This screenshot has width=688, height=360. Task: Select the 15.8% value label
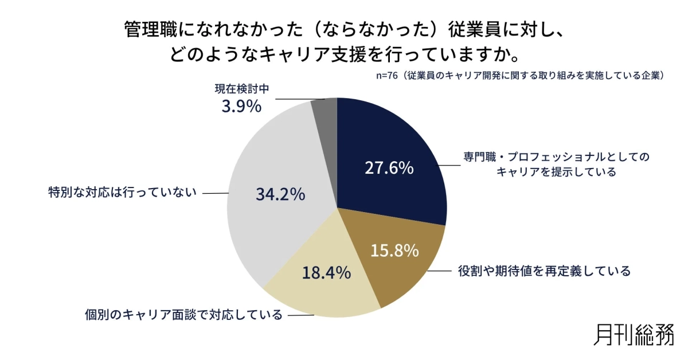coord(394,251)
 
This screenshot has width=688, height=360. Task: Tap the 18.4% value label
coord(326,272)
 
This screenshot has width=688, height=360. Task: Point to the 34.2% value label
coord(280,194)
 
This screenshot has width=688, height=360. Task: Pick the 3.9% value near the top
coord(241,106)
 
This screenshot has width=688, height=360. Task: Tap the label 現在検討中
coord(242,89)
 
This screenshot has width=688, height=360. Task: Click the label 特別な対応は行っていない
coord(122,193)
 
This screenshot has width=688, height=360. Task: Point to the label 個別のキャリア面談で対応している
coord(183,315)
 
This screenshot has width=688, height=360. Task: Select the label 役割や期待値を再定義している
coord(544,271)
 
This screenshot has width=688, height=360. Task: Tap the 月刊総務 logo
coord(634,334)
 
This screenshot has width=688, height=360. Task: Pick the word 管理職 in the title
coord(145,29)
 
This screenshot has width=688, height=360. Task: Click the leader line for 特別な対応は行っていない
coord(216,193)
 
